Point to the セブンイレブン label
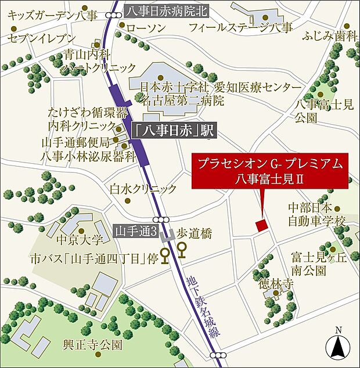point(42,39)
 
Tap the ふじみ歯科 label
point(329,37)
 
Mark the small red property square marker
point(261,225)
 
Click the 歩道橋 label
point(195,234)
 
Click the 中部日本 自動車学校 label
point(317,214)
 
